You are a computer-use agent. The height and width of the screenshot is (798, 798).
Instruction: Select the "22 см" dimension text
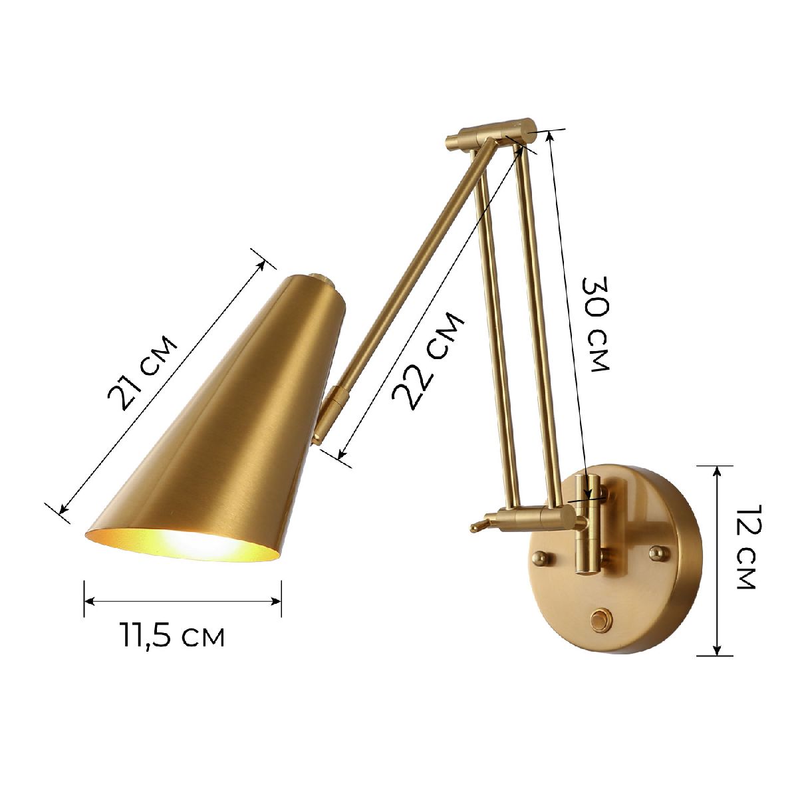tap(427, 359)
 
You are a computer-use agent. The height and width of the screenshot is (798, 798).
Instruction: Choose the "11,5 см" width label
tap(172, 636)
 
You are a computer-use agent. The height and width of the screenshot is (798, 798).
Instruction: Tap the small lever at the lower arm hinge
tap(479, 525)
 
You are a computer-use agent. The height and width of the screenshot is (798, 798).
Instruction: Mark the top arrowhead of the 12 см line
tap(717, 470)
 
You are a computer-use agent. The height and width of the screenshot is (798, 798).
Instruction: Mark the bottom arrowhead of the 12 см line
tap(717, 652)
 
